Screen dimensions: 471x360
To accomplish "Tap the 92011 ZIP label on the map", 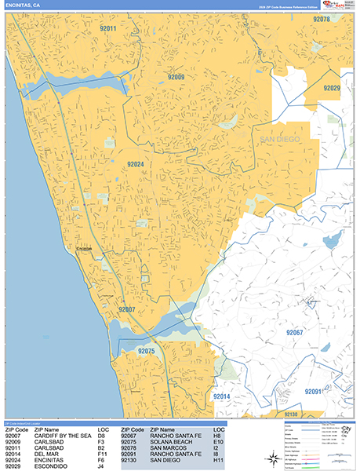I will [108, 29].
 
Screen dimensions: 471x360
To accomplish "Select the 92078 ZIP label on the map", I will [321, 19].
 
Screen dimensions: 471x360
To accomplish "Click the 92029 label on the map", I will [330, 88].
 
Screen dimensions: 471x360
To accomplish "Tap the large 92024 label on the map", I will [136, 164].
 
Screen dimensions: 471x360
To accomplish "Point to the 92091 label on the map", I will [315, 391].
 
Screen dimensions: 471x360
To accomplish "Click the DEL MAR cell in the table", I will [46, 454].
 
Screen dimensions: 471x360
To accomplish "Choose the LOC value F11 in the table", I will [104, 454].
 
